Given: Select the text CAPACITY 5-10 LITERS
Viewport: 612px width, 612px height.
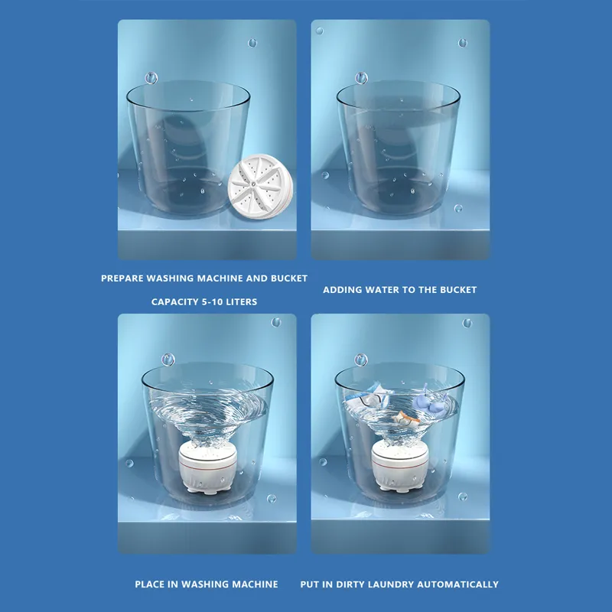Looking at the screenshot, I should click(x=204, y=302).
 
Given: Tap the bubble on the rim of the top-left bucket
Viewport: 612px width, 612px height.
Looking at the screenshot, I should click(x=151, y=78).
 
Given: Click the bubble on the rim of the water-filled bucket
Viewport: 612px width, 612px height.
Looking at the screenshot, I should click(x=362, y=78).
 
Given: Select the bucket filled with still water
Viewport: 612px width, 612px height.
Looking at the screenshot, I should click(x=398, y=149).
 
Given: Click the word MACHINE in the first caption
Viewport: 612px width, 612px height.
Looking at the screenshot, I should click(x=229, y=278).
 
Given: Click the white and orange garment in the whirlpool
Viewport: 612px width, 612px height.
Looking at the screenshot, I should click(x=404, y=417).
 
